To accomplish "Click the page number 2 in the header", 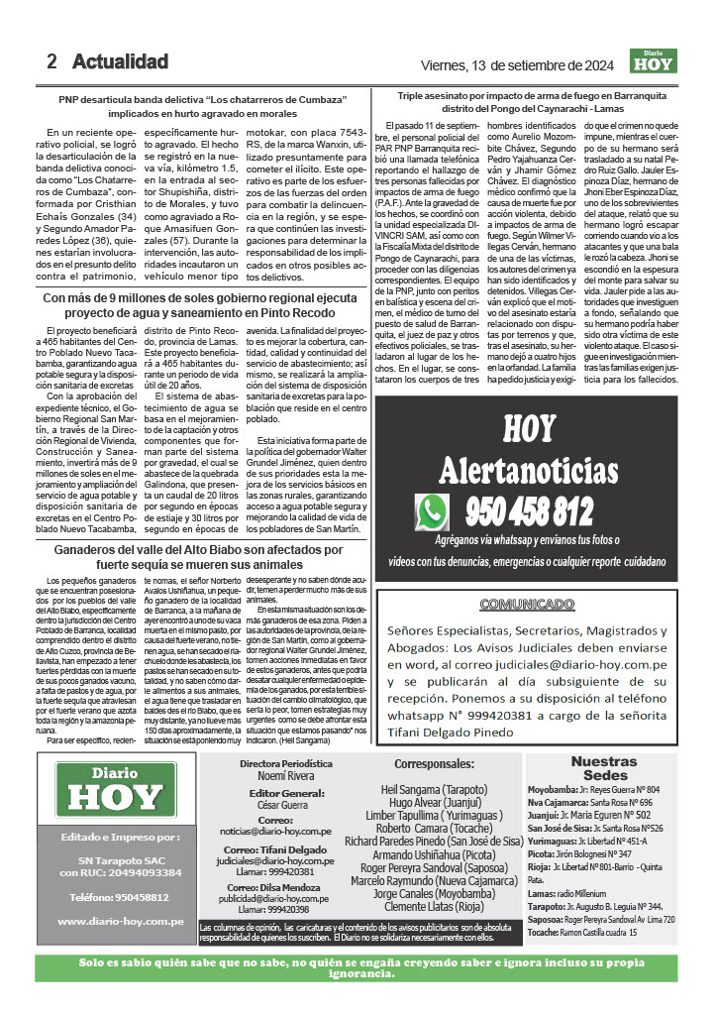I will pyautogui.click(x=52, y=61).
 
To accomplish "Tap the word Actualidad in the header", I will pyautogui.click(x=120, y=61).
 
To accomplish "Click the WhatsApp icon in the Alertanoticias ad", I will pyautogui.click(x=433, y=511).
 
